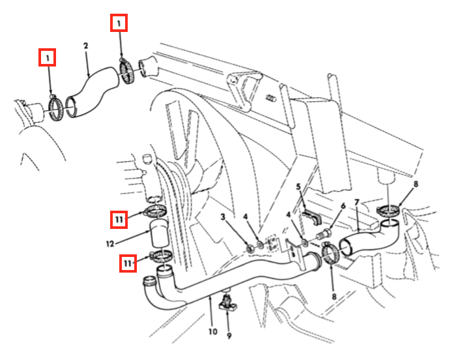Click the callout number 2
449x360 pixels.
[x=85, y=46]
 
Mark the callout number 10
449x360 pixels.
[x=212, y=331]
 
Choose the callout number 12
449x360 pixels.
[x=110, y=244]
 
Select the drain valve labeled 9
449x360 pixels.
[x=228, y=301]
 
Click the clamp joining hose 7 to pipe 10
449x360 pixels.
[x=329, y=253]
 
